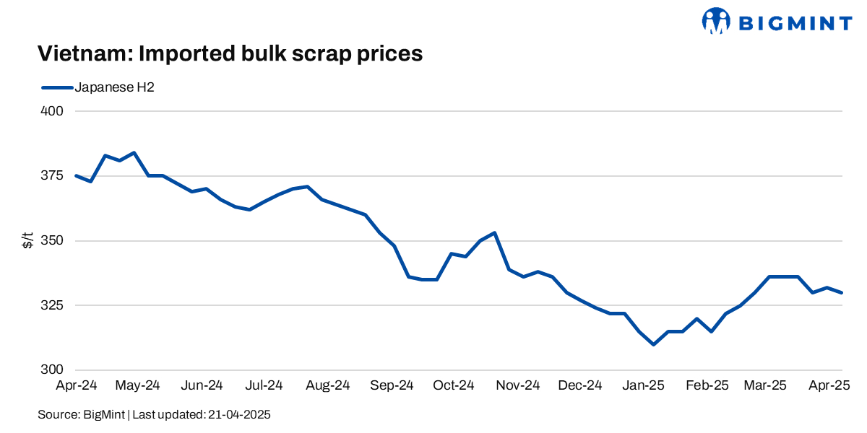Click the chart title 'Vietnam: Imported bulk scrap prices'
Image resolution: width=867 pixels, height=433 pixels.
(x=230, y=53)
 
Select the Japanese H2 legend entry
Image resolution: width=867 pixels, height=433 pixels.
(x=98, y=87)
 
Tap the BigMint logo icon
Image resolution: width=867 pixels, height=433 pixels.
(x=717, y=22)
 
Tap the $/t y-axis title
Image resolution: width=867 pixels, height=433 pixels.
(x=27, y=240)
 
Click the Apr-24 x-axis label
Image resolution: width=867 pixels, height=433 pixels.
(x=76, y=386)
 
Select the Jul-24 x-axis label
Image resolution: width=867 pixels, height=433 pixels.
(x=264, y=386)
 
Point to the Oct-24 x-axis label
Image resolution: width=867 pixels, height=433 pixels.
(x=454, y=386)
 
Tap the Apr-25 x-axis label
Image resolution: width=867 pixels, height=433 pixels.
(x=827, y=386)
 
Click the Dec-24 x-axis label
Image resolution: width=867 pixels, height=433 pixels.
(x=580, y=386)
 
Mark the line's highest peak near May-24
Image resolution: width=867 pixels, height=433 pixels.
(x=134, y=153)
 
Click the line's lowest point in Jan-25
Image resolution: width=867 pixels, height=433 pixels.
(x=653, y=344)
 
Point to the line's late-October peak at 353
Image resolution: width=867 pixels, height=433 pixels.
(x=494, y=233)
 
